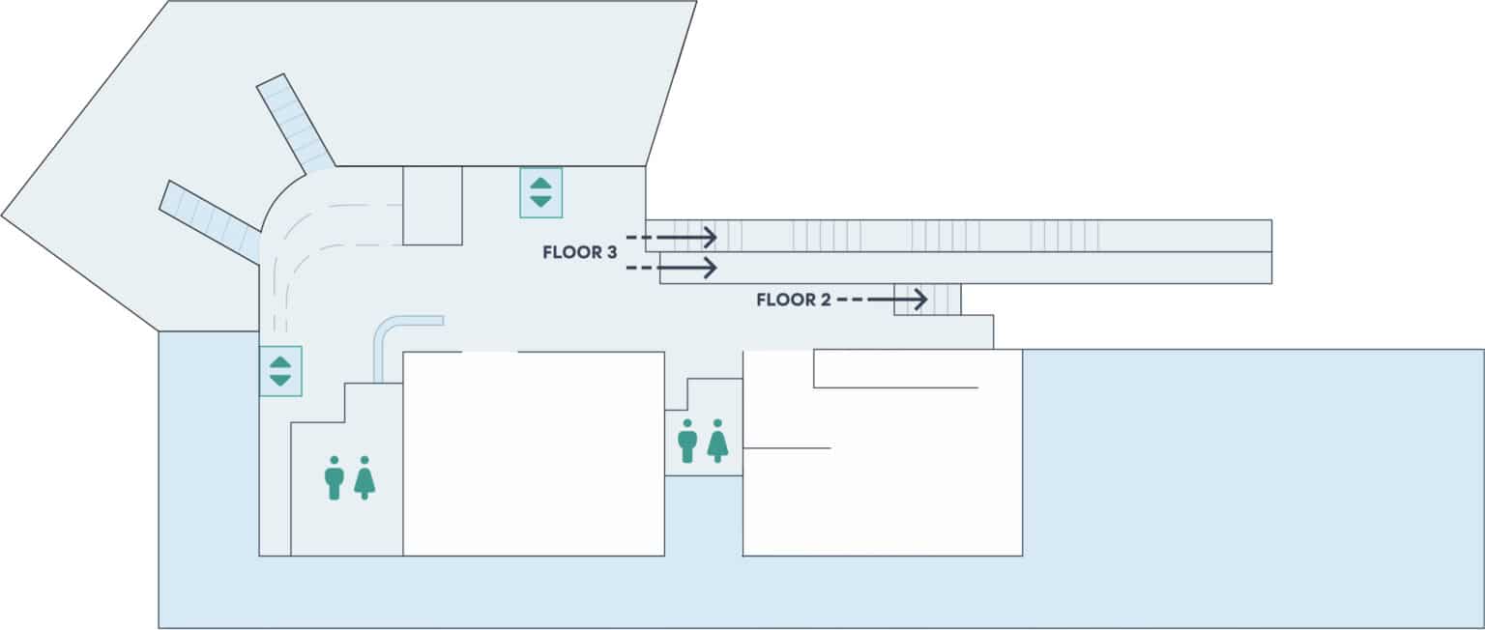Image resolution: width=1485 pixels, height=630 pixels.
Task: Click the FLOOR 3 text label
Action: (x=580, y=253)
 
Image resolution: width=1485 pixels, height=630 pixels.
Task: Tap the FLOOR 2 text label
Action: (x=794, y=301)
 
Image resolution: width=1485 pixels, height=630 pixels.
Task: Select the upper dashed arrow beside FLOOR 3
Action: (x=671, y=237)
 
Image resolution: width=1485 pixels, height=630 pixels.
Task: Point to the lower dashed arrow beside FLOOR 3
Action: (x=671, y=266)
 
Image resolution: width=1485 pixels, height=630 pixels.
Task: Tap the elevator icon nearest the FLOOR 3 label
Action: (x=540, y=191)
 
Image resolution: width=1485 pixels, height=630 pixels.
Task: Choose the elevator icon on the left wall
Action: (x=280, y=371)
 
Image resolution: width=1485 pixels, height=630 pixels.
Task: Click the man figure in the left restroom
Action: (x=335, y=477)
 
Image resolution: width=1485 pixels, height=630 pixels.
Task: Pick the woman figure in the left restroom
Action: (x=364, y=477)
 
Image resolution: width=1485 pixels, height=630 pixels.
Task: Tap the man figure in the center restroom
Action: (x=687, y=441)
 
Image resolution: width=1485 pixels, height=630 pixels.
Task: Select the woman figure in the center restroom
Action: (x=716, y=441)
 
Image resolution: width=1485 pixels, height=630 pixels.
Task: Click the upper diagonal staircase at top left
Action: (x=295, y=123)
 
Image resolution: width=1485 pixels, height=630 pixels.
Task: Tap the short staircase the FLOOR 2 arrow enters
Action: (x=927, y=300)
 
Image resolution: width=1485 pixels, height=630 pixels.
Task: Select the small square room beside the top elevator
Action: (x=432, y=205)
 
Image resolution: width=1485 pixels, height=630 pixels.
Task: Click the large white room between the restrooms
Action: (x=534, y=454)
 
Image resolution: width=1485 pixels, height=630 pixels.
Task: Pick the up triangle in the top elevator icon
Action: (x=540, y=183)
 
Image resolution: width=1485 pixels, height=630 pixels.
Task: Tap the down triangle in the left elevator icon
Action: (x=280, y=380)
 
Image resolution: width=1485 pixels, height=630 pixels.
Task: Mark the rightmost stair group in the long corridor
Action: (x=1063, y=236)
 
